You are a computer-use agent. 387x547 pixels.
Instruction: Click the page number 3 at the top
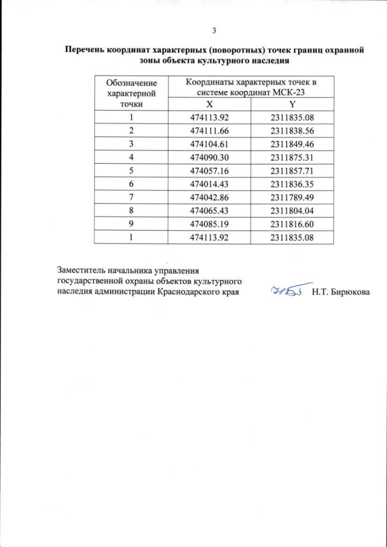point(214,31)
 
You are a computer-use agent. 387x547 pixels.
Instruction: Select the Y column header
point(291,104)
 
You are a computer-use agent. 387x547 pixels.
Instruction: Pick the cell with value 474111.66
point(209,130)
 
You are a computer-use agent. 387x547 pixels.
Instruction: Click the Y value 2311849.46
point(291,143)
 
